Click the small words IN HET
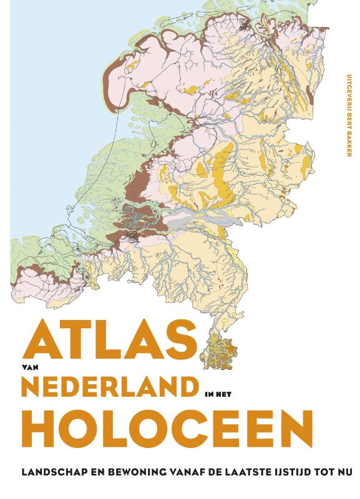click(x=220, y=393)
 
